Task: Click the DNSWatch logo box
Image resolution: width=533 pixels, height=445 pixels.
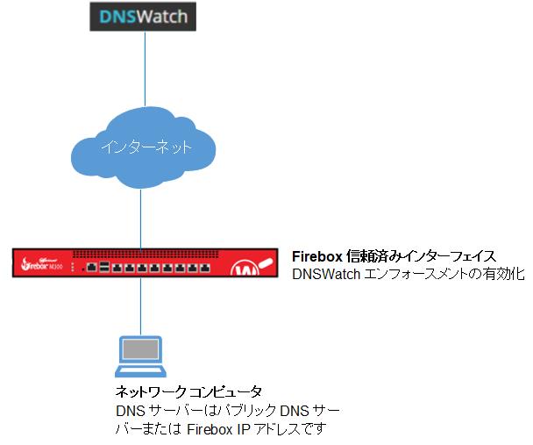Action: point(142,18)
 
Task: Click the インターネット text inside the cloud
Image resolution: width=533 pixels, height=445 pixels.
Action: point(142,146)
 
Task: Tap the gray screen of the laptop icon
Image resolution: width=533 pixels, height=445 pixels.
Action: point(141,352)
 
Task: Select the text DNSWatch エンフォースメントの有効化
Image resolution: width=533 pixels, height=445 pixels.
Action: point(407,274)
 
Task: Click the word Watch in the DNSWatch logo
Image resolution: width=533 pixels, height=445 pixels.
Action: point(161,18)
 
